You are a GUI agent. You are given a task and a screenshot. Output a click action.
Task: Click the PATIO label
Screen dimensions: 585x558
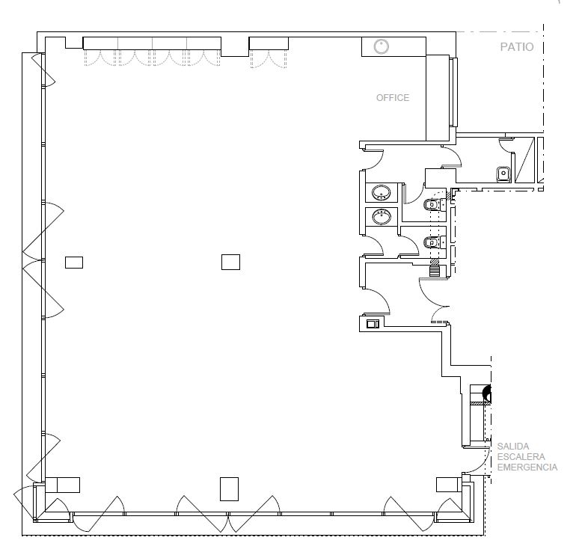pos(517,47)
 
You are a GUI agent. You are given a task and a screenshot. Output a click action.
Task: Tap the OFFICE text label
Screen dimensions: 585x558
pos(393,98)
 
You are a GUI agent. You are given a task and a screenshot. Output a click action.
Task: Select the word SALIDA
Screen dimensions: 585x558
pos(513,446)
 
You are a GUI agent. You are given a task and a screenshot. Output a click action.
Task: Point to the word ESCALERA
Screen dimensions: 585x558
pos(521,456)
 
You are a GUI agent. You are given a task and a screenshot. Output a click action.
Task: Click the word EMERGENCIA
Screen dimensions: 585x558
pos(527,467)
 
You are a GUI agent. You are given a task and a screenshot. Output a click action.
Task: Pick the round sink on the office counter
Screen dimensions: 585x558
pos(381,46)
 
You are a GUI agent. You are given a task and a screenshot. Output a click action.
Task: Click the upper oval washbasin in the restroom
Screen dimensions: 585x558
pos(382,193)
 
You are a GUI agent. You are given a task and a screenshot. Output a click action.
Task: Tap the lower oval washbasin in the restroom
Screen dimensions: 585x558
pos(382,217)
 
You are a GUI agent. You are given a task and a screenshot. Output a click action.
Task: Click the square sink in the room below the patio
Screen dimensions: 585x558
pos(503,174)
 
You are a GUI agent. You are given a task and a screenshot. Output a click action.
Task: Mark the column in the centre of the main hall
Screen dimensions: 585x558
pos(230,262)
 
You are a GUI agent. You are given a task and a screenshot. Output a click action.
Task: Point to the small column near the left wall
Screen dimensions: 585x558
pos(74,263)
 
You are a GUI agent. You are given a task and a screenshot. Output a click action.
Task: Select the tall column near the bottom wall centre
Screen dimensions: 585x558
pos(229,489)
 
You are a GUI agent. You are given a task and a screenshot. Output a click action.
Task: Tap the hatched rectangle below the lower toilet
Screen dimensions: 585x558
pos(435,268)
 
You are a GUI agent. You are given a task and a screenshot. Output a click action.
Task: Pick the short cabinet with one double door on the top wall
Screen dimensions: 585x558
pos(269,43)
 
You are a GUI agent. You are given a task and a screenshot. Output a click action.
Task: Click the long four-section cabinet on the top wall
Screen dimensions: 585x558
pos(152,43)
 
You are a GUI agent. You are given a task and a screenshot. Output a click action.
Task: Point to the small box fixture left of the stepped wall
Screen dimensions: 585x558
pos(373,324)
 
